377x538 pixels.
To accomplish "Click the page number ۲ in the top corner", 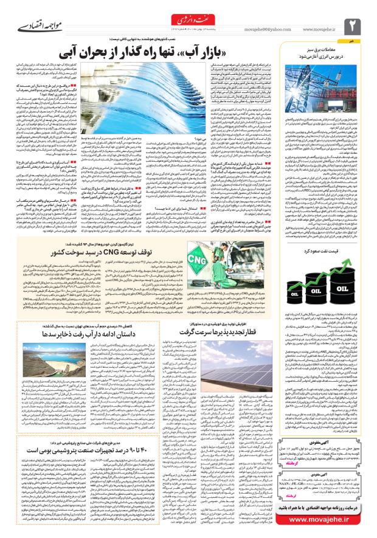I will click(354, 24).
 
